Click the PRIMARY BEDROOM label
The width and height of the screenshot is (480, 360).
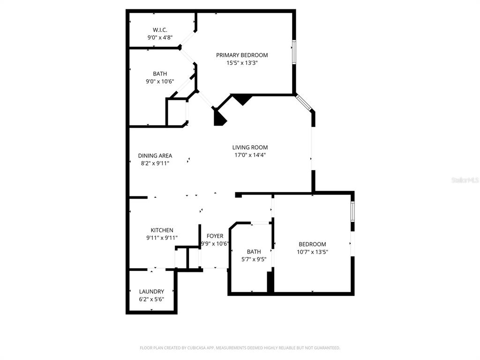242,55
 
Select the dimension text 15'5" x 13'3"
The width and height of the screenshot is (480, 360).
242,62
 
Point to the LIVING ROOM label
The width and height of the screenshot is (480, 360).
250,147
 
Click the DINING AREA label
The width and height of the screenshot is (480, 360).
155,156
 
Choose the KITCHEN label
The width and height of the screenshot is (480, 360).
162,230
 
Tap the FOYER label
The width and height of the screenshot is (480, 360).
215,236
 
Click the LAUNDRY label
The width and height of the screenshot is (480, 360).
151,291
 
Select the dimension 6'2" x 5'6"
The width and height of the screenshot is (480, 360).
151,299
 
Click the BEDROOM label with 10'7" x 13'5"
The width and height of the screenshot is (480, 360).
312,244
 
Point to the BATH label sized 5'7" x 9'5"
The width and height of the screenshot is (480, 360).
254,252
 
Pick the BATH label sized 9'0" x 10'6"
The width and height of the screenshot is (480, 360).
160,74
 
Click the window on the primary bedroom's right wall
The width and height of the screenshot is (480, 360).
294,52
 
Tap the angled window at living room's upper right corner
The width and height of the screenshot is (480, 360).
303,103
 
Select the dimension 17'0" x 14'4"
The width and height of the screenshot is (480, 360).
250,155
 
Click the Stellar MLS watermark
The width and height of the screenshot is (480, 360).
465,180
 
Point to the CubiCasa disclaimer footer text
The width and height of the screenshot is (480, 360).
240,348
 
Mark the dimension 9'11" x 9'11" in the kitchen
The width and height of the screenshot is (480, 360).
162,238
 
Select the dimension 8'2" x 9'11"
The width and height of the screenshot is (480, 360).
155,163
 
